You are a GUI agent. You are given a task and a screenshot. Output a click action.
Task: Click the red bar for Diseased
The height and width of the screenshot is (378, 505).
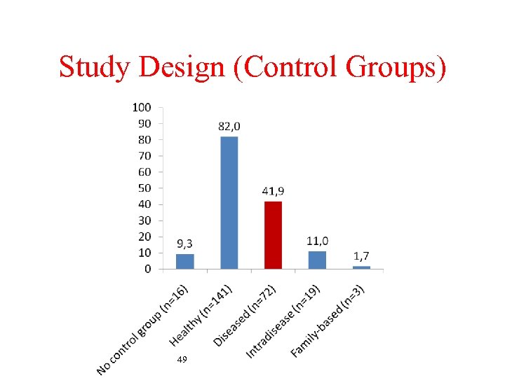tap(273, 235)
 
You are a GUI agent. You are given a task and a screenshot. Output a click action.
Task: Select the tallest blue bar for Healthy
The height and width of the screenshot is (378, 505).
tap(229, 202)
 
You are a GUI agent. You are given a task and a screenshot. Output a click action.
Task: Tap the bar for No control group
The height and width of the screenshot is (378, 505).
tap(185, 261)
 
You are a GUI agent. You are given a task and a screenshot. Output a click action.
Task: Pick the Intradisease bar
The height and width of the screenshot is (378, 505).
tap(317, 260)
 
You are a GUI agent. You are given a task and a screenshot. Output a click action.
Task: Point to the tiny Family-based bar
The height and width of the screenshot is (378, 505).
tap(361, 267)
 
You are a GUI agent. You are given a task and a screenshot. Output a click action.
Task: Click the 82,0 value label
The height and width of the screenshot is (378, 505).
tap(229, 126)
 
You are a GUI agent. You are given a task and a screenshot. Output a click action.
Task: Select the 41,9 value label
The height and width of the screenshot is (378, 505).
tap(273, 191)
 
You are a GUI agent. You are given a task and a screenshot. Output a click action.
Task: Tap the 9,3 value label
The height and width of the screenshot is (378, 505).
tap(184, 244)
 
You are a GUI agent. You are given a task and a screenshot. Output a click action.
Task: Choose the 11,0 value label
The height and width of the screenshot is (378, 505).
tap(317, 241)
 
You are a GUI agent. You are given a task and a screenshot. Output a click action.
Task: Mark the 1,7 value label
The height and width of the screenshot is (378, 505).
tap(361, 257)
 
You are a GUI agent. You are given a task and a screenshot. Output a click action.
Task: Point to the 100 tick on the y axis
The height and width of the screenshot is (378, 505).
tap(141, 107)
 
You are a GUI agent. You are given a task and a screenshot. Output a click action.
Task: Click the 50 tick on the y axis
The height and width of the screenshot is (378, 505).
tap(144, 188)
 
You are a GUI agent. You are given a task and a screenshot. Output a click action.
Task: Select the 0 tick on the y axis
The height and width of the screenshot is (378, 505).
tap(147, 269)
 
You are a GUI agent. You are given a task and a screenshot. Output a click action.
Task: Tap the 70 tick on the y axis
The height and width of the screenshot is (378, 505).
tap(144, 155)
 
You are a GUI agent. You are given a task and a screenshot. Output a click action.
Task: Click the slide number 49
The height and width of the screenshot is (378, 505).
tap(182, 359)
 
